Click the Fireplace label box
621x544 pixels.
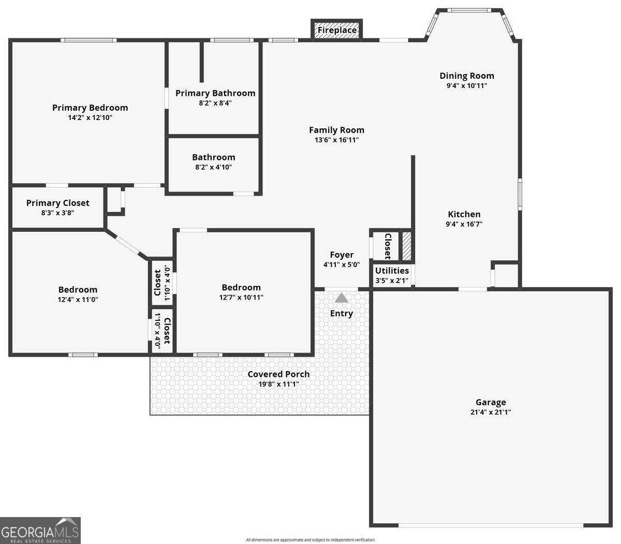[337, 30]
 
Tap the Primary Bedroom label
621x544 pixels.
[90, 108]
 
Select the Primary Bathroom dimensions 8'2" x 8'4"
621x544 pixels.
[215, 103]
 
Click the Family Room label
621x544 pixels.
[336, 130]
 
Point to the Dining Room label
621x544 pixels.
[467, 76]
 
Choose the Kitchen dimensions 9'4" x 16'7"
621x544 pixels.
[464, 224]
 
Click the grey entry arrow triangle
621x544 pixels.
[342, 298]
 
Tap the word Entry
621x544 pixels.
[342, 313]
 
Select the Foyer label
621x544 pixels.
[342, 255]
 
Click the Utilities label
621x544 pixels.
[392, 271]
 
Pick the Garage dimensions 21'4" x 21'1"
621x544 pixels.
[491, 413]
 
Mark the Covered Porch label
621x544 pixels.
[278, 374]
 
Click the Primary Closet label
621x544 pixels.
[58, 203]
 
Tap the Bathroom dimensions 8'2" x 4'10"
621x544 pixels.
[213, 167]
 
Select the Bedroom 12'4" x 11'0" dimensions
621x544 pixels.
[78, 299]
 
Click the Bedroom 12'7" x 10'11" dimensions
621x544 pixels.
[241, 297]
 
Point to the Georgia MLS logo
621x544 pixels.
[40, 530]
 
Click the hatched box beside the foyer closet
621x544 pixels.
[407, 246]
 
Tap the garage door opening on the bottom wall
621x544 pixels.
[491, 525]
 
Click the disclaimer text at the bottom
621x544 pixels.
[310, 540]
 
